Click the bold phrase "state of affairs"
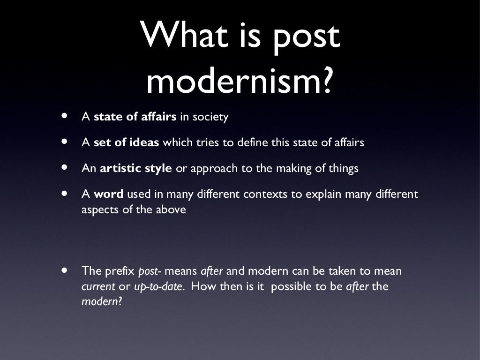135,117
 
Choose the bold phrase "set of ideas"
127,142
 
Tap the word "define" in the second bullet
253,142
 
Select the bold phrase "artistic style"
136,168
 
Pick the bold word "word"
108,194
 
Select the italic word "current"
98,286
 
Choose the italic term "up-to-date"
158,287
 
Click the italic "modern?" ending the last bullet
102,302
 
